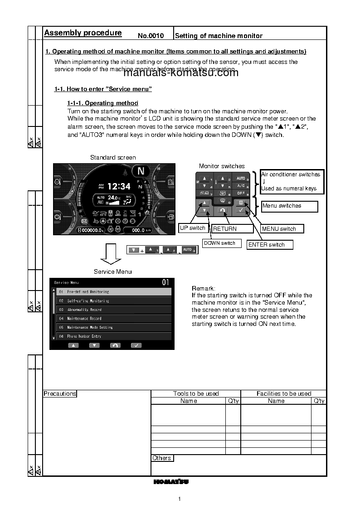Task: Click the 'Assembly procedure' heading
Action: tap(83, 33)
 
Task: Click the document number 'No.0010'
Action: tap(150, 36)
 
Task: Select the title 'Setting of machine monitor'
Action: tap(219, 36)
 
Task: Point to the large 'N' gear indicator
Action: tap(141, 171)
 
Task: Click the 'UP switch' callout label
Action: tap(193, 228)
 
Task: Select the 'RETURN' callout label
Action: tap(225, 229)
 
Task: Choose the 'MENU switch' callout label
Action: tap(279, 229)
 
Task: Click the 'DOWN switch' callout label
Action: tap(219, 243)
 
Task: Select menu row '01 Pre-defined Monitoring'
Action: tap(114, 292)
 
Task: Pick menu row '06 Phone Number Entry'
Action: tap(114, 336)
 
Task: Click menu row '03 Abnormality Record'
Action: tap(114, 310)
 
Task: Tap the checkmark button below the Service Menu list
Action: tap(136, 345)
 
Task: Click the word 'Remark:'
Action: tap(204, 289)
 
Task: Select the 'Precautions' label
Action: tap(60, 394)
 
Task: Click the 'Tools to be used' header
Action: tap(196, 394)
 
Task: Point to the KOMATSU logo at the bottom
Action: tap(171, 482)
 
